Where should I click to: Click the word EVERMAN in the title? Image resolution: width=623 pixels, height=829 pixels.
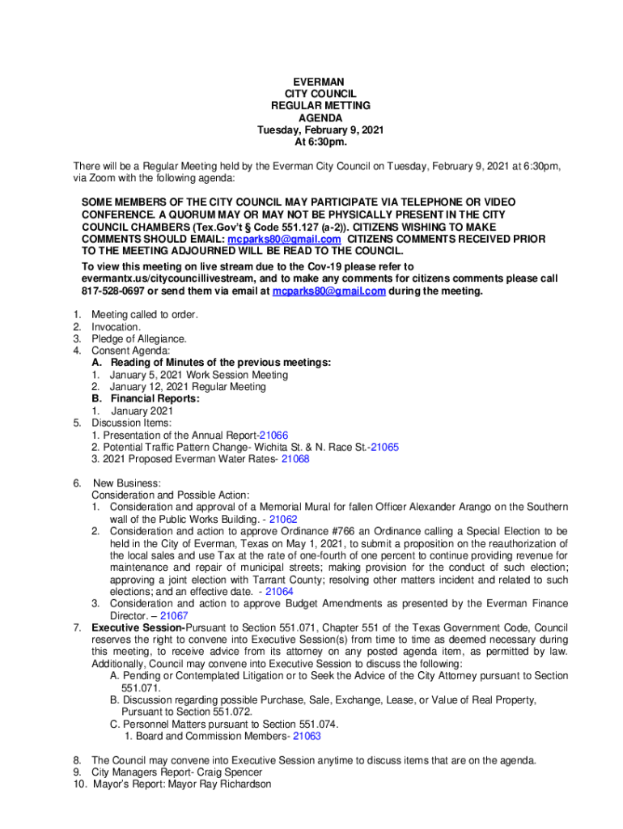coord(319,82)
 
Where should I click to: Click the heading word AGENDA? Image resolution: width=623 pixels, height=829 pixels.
coord(319,118)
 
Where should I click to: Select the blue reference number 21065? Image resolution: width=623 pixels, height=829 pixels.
coord(384,447)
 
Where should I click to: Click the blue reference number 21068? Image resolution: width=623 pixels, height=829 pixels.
coord(295,459)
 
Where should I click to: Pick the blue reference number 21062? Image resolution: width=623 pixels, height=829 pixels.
coord(283,519)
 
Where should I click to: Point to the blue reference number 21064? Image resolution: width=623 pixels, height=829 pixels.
coord(279,592)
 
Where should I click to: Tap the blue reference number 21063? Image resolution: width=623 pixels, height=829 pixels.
coord(307,737)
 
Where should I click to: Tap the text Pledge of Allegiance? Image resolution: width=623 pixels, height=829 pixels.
coord(138,338)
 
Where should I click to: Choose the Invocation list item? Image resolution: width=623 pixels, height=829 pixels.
coord(116,327)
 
